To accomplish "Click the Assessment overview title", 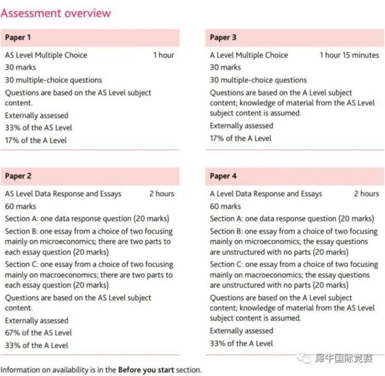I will pos(56,14).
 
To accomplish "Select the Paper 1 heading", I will pos(18,38).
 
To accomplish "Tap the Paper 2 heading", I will pos(18,176).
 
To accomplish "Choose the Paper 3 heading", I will pos(223,38).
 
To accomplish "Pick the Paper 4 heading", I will pos(223,176).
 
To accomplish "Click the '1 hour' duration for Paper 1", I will pos(164,55).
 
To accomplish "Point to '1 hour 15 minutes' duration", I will pos(349,55).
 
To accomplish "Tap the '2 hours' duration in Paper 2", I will pos(162,194).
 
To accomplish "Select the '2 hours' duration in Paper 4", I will pos(366,194).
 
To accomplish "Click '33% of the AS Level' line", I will pos(38,128).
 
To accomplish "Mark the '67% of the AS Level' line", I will pos(38,333).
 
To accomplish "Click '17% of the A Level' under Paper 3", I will pos(240,138).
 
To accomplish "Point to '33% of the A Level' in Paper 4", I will pos(241,343).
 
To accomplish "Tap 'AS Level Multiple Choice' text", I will pos(46,55).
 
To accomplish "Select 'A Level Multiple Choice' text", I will pos(249,55).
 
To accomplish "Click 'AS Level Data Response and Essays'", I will pos(63,194).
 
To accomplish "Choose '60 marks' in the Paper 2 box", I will pos(20,206).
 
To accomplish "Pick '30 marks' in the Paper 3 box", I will pos(225,68).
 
